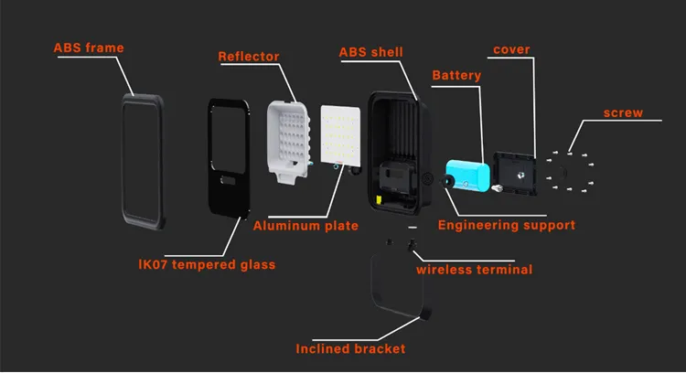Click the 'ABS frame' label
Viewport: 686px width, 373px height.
[x=89, y=48]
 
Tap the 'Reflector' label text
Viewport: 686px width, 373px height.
[x=248, y=57]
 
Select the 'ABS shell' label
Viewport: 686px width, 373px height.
[x=370, y=52]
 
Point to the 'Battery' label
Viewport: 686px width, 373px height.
[x=456, y=75]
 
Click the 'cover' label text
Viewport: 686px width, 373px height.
[x=511, y=48]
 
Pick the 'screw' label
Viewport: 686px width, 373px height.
[x=623, y=113]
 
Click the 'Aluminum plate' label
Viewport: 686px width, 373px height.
[x=305, y=225]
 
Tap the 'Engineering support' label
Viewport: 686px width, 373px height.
[x=506, y=224]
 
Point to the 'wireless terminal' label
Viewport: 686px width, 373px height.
[x=474, y=269]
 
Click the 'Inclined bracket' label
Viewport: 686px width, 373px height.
[x=350, y=348]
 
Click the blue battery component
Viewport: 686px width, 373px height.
[x=465, y=176]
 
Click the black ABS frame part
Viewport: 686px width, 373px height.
[x=144, y=160]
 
